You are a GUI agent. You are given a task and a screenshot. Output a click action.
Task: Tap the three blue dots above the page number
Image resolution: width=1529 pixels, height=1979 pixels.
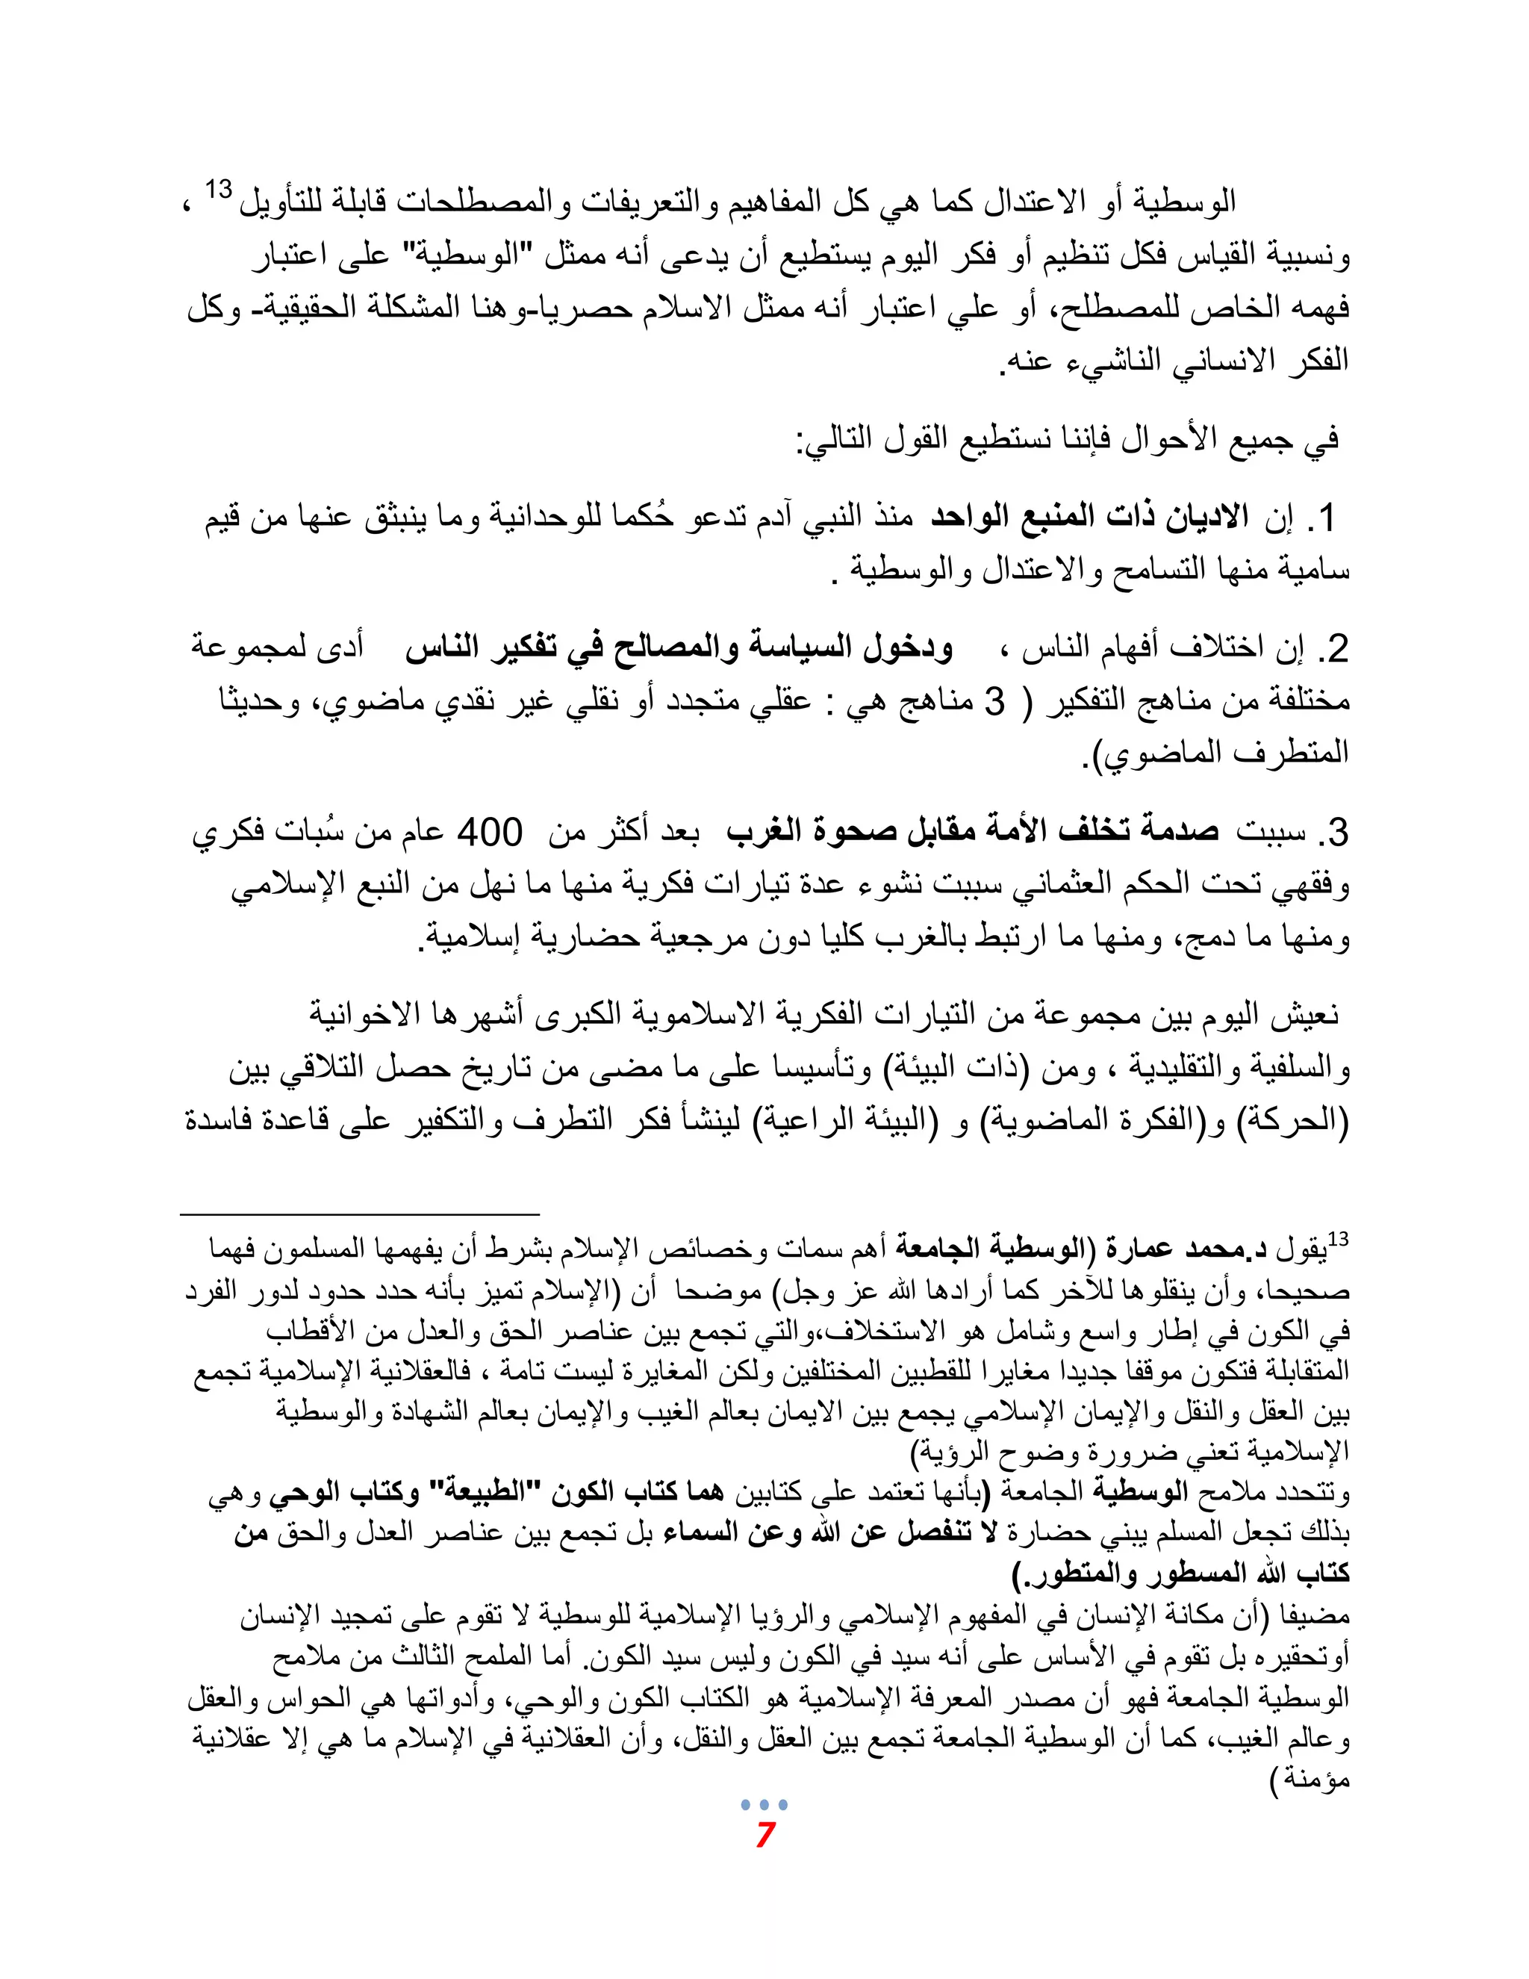point(764,1804)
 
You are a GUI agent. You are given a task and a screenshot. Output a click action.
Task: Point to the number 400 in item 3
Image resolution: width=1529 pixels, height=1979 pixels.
point(489,832)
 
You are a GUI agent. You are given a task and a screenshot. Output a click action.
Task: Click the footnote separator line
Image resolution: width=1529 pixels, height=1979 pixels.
point(360,1212)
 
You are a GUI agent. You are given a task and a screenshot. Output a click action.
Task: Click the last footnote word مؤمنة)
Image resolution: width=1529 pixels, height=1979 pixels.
point(1310,1780)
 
